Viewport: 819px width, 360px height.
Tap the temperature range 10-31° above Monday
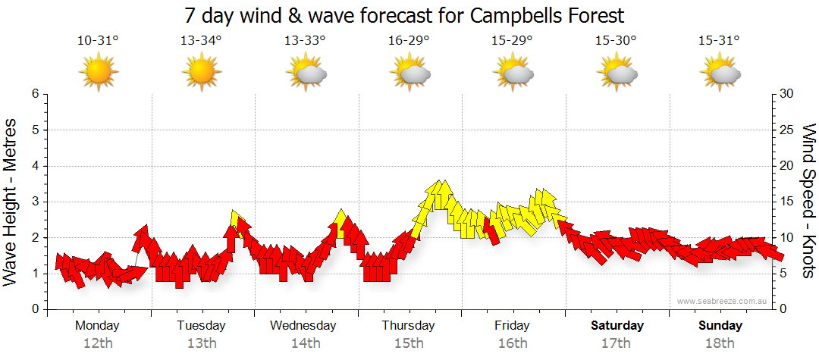98,42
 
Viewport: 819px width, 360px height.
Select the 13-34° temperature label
201,42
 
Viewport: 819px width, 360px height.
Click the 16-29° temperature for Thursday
409,42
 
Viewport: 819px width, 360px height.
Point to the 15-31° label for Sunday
720,42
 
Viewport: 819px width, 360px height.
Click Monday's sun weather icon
99,73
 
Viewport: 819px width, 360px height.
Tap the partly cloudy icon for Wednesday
306,73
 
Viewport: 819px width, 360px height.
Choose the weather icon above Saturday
617,73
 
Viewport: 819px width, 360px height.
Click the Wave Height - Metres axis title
11,202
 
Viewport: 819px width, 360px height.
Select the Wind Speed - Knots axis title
808,202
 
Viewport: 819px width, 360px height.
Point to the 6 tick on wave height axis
34,94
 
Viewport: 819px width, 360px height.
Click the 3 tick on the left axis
34,202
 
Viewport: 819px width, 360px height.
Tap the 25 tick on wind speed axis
787,130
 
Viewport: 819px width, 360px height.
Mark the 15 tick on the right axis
787,202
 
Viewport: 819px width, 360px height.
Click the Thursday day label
409,326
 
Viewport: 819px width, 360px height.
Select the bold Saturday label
617,326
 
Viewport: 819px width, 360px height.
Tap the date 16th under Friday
513,343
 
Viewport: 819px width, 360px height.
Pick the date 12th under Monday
98,343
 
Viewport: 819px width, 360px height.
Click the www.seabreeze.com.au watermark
723,301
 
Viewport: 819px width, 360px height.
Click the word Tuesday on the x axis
201,326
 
